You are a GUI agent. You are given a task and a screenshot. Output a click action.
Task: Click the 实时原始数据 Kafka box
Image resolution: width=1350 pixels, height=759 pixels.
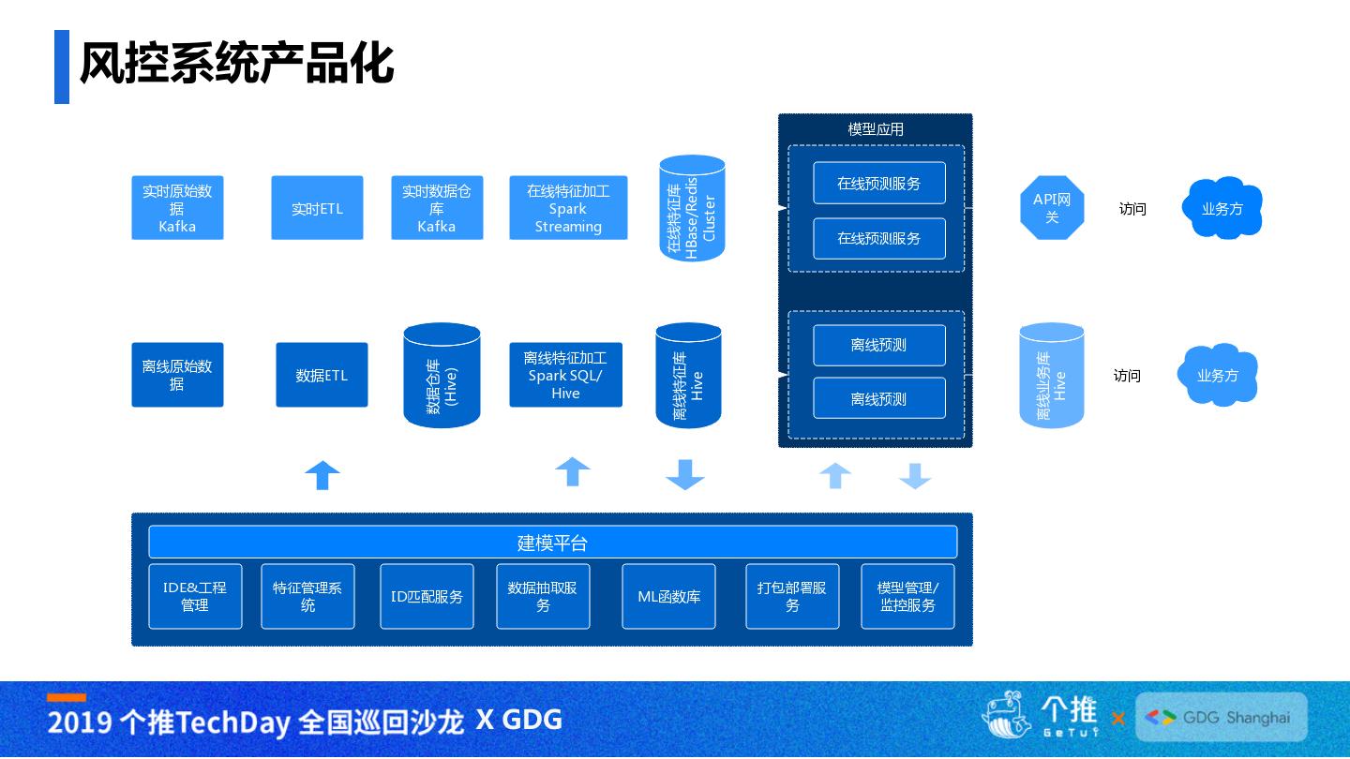(x=177, y=208)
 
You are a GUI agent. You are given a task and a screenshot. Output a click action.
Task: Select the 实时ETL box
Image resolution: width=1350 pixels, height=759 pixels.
(x=317, y=208)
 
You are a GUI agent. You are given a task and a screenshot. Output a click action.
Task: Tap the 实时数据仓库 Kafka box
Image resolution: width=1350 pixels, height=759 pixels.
(x=437, y=208)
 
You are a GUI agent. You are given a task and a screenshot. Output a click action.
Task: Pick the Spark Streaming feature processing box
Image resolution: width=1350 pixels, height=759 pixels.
(x=568, y=208)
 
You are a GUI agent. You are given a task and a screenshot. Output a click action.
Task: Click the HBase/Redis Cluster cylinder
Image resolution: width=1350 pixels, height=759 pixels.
(x=692, y=208)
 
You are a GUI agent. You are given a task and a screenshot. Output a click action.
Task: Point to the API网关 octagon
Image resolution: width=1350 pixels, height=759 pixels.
(x=1052, y=208)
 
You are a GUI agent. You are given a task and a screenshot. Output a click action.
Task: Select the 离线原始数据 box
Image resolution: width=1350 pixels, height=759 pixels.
(x=177, y=375)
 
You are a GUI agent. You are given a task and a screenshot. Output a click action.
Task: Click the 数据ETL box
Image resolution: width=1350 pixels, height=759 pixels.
(x=322, y=375)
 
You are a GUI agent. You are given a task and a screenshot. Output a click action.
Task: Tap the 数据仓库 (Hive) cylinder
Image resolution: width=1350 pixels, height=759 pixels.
(x=442, y=375)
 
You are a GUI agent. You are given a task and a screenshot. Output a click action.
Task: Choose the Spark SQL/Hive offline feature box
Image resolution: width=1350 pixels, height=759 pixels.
(x=566, y=375)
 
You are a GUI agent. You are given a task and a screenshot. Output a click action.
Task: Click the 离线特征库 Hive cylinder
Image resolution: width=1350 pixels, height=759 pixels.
(x=688, y=375)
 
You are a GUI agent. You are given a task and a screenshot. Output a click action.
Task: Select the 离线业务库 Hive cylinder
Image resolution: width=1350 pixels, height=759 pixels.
(x=1052, y=375)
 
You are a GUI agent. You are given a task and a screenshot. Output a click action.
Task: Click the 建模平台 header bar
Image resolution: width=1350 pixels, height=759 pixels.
(x=553, y=543)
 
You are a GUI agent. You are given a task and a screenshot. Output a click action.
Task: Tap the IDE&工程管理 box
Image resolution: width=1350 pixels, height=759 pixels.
(x=195, y=596)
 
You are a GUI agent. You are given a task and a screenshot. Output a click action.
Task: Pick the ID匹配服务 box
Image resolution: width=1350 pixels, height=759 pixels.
(x=427, y=596)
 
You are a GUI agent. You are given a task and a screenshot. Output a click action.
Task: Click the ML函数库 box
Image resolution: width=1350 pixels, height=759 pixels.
(x=669, y=596)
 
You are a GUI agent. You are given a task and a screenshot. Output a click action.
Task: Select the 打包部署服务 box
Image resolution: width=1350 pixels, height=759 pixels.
(x=792, y=596)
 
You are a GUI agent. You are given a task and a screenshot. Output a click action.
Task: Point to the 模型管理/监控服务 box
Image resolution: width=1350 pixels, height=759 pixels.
(x=907, y=596)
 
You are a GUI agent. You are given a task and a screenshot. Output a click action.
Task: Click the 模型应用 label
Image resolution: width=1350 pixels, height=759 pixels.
(x=875, y=129)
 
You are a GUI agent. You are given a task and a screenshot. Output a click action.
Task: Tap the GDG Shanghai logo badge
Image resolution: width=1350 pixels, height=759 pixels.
(x=1222, y=717)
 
